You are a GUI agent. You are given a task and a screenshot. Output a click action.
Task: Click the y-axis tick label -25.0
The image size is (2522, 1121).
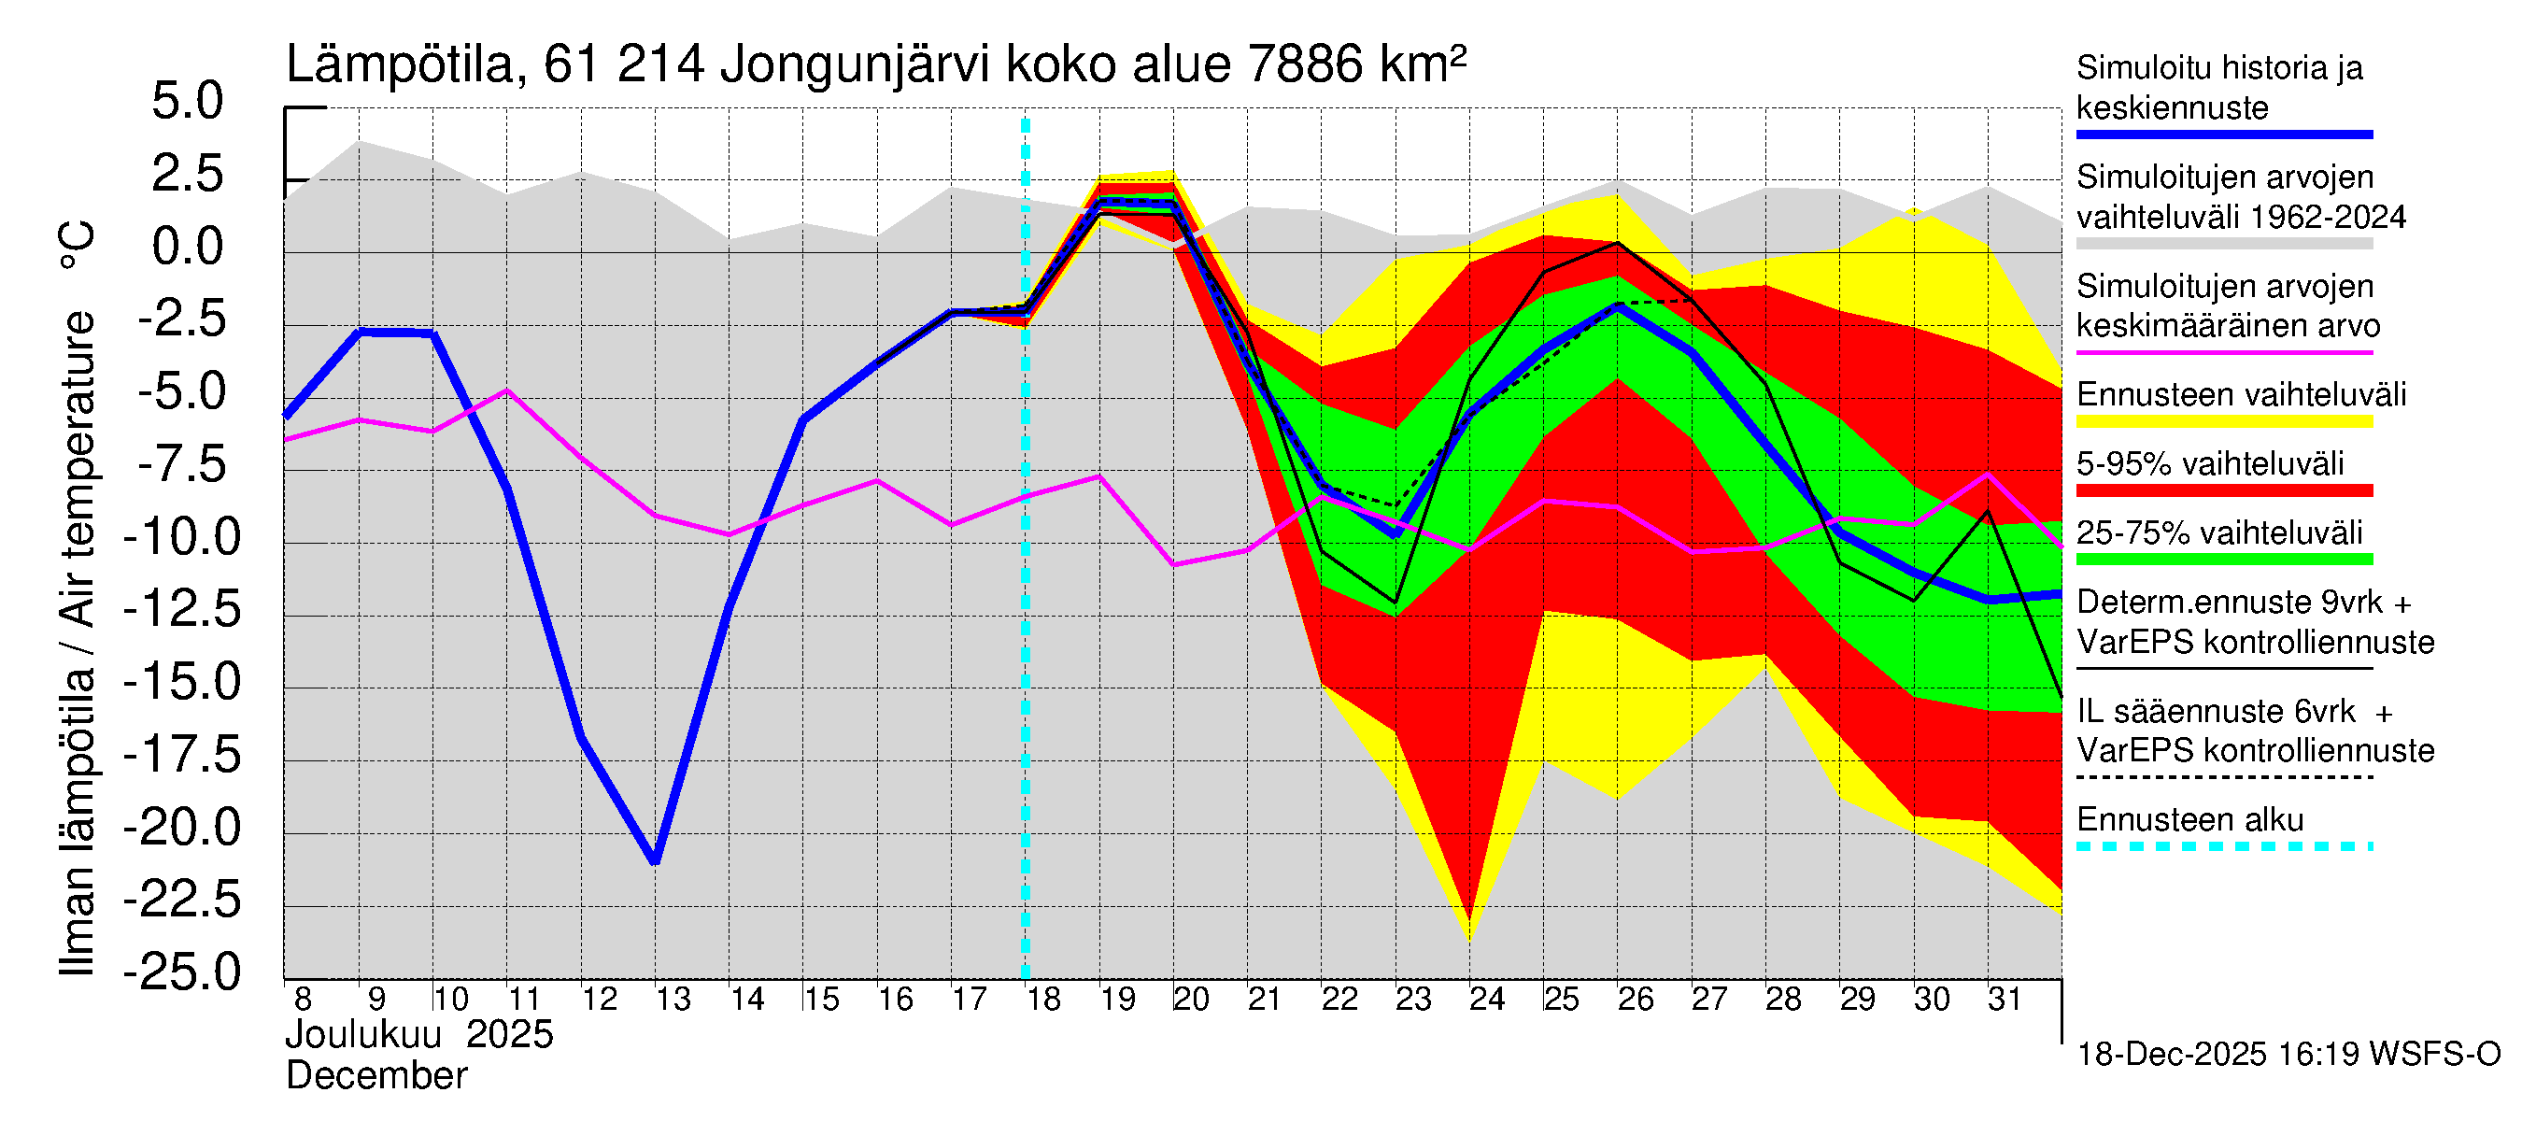click(182, 972)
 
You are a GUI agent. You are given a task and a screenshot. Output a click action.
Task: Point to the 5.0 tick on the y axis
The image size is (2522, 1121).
click(187, 102)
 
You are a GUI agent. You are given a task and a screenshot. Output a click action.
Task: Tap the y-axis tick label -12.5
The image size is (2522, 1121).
click(182, 610)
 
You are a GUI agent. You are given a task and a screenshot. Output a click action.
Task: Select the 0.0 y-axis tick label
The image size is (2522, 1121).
click(187, 247)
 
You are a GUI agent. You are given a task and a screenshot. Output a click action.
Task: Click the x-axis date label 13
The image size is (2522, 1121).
click(673, 1000)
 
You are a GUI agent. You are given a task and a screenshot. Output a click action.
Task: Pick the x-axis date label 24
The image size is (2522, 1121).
click(1486, 1000)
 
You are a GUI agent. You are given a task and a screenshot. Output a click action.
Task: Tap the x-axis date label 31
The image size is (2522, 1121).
click(2005, 1000)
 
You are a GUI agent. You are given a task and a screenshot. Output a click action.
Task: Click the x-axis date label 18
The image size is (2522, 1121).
click(1042, 1000)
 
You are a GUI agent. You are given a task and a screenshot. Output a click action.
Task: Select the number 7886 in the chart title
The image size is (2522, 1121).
click(1305, 65)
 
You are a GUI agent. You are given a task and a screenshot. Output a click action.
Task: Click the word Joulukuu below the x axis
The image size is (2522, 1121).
click(363, 1035)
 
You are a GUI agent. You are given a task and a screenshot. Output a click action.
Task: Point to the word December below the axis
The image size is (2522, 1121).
click(375, 1076)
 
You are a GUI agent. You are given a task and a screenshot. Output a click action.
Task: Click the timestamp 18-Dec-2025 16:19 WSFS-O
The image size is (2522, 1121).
click(2288, 1055)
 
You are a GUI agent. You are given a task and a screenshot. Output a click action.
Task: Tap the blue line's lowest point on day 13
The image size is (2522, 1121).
click(655, 861)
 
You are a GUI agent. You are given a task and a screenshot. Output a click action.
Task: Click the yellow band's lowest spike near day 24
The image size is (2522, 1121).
click(1469, 940)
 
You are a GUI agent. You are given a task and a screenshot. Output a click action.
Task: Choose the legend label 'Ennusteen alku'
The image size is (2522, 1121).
click(2190, 819)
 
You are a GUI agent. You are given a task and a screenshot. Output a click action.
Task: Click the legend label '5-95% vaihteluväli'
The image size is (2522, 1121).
click(2210, 463)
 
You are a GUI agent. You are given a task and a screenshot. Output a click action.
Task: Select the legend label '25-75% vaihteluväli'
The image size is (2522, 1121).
click(2218, 532)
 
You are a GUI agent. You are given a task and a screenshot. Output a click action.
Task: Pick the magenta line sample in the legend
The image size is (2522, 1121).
click(2224, 352)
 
